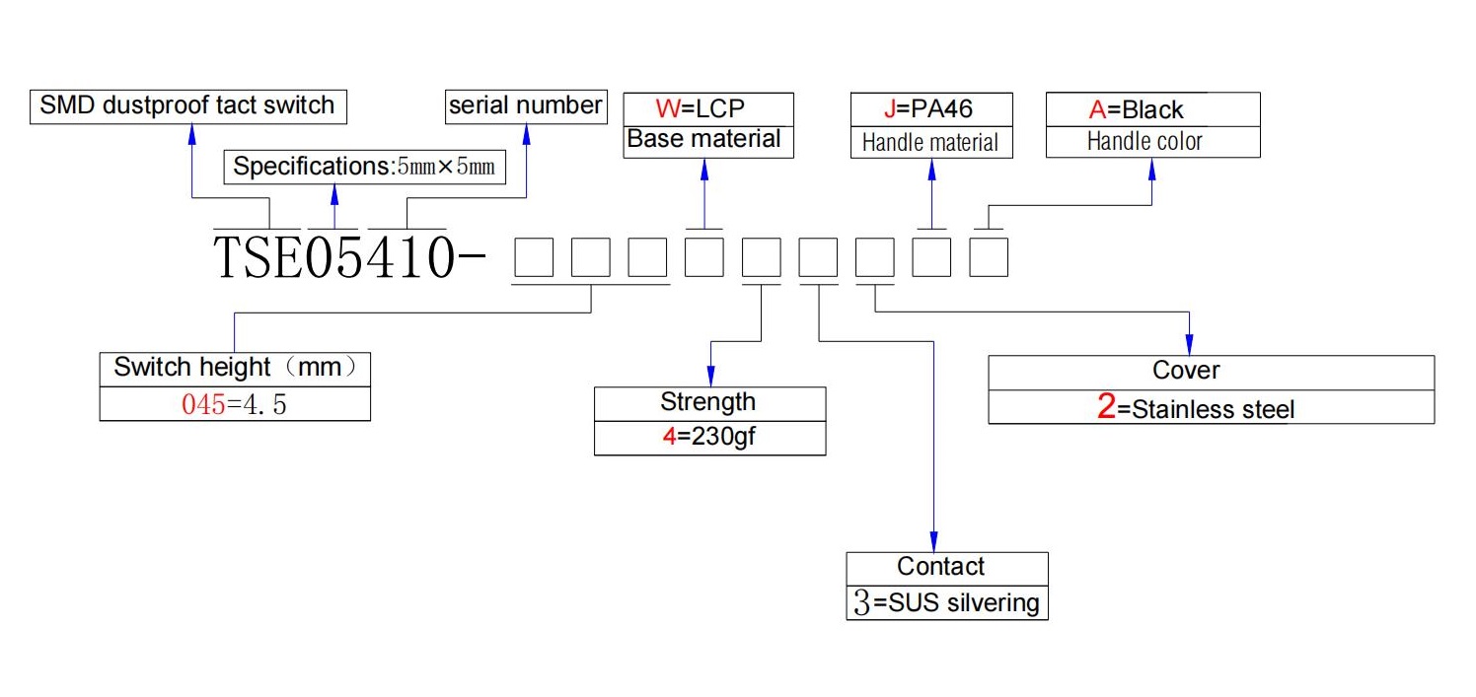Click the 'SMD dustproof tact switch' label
pyautogui.click(x=187, y=105)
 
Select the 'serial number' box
pyautogui.click(x=526, y=105)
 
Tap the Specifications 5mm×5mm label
pyautogui.click(x=364, y=167)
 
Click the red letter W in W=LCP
pyautogui.click(x=668, y=108)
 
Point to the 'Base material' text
pyautogui.click(x=703, y=139)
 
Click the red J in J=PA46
pyautogui.click(x=890, y=108)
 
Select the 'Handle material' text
pyautogui.click(x=930, y=142)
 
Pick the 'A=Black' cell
pyautogui.click(x=1153, y=109)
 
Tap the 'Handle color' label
pyautogui.click(x=1144, y=141)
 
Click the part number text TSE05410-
pyautogui.click(x=349, y=256)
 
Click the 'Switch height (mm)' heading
pyautogui.click(x=235, y=368)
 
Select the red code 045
pyautogui.click(x=203, y=404)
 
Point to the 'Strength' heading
pyautogui.click(x=708, y=401)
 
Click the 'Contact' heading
pyautogui.click(x=941, y=566)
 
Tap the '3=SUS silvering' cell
pyautogui.click(x=947, y=603)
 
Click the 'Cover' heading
pyautogui.click(x=1186, y=370)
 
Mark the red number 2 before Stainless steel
pyautogui.click(x=1106, y=406)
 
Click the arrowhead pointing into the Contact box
pyautogui.click(x=933, y=542)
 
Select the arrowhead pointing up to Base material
pyautogui.click(x=704, y=170)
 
